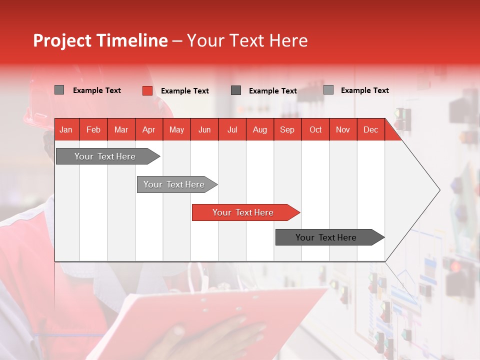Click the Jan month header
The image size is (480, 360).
coord(66,130)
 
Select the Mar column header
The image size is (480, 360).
coord(121,130)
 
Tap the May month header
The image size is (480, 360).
coord(176,130)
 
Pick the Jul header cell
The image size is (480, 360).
coord(232,130)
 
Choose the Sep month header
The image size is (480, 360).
coord(287,130)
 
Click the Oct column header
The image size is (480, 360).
coord(315,130)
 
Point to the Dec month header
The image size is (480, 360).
coord(370,130)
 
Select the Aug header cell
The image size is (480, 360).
coord(259,130)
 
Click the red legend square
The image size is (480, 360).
coord(147,90)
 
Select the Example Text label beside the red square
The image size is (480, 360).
coord(184,91)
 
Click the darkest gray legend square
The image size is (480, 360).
coord(236,90)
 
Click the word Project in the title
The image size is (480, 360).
coord(62,40)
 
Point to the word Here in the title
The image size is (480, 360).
coord(288,40)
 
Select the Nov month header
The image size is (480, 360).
coord(343,130)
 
